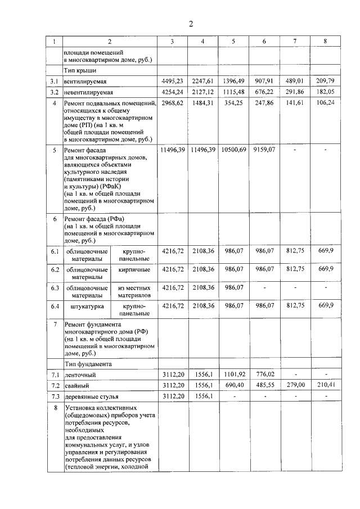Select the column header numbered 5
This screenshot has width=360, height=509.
233,42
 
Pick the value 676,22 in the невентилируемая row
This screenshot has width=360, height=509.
264,91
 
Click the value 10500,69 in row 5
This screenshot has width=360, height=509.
233,150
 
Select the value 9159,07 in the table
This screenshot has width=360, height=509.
264,150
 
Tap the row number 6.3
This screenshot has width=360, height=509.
55,288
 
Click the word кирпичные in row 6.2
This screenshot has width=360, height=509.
134,269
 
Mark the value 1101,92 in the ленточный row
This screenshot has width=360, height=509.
233,374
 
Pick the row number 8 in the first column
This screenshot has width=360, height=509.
55,407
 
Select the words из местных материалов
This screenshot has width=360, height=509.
134,291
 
